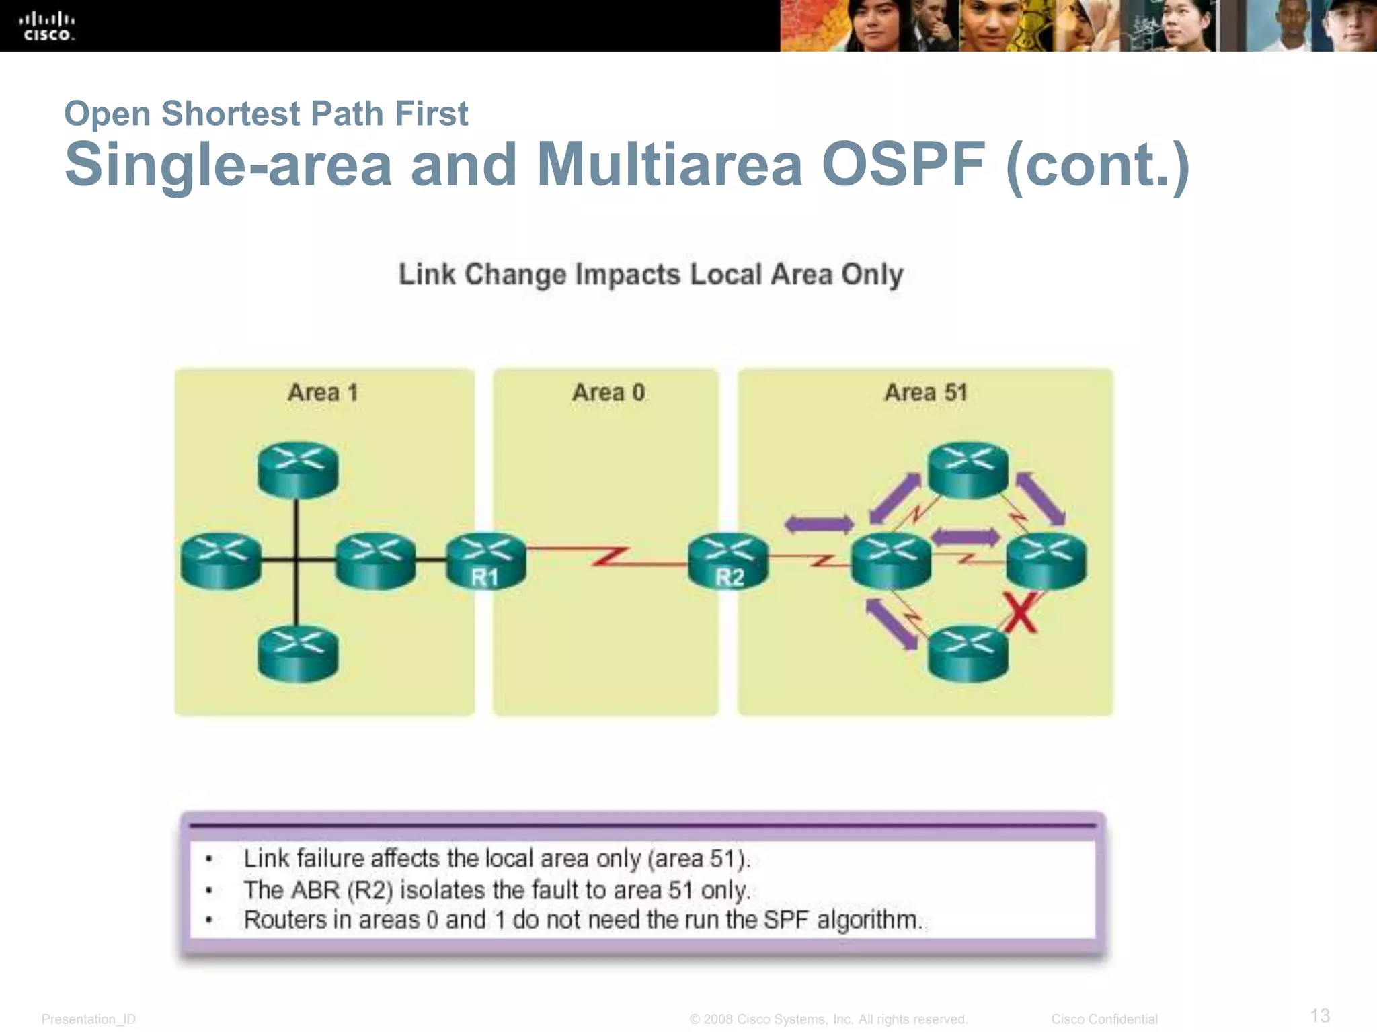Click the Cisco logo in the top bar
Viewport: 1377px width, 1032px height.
[47, 27]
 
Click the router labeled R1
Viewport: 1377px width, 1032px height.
[486, 561]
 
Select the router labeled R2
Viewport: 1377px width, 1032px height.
[728, 561]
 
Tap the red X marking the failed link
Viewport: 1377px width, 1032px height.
[1020, 613]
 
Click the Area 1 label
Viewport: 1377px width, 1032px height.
[323, 392]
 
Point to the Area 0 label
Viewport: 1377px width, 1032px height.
[608, 392]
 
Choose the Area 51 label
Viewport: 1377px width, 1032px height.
[926, 392]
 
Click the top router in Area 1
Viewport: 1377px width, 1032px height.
[298, 470]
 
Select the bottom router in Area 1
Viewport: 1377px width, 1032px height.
[298, 653]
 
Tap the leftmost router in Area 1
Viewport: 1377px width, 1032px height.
[221, 561]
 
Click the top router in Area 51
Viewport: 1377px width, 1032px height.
[968, 470]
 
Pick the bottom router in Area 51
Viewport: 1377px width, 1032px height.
[968, 653]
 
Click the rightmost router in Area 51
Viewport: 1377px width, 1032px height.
[1046, 561]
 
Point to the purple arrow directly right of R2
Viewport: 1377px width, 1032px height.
[819, 524]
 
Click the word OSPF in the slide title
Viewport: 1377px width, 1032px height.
[903, 165]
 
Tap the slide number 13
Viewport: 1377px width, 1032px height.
[1320, 1015]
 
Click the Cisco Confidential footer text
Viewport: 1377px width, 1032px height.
[1104, 1019]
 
